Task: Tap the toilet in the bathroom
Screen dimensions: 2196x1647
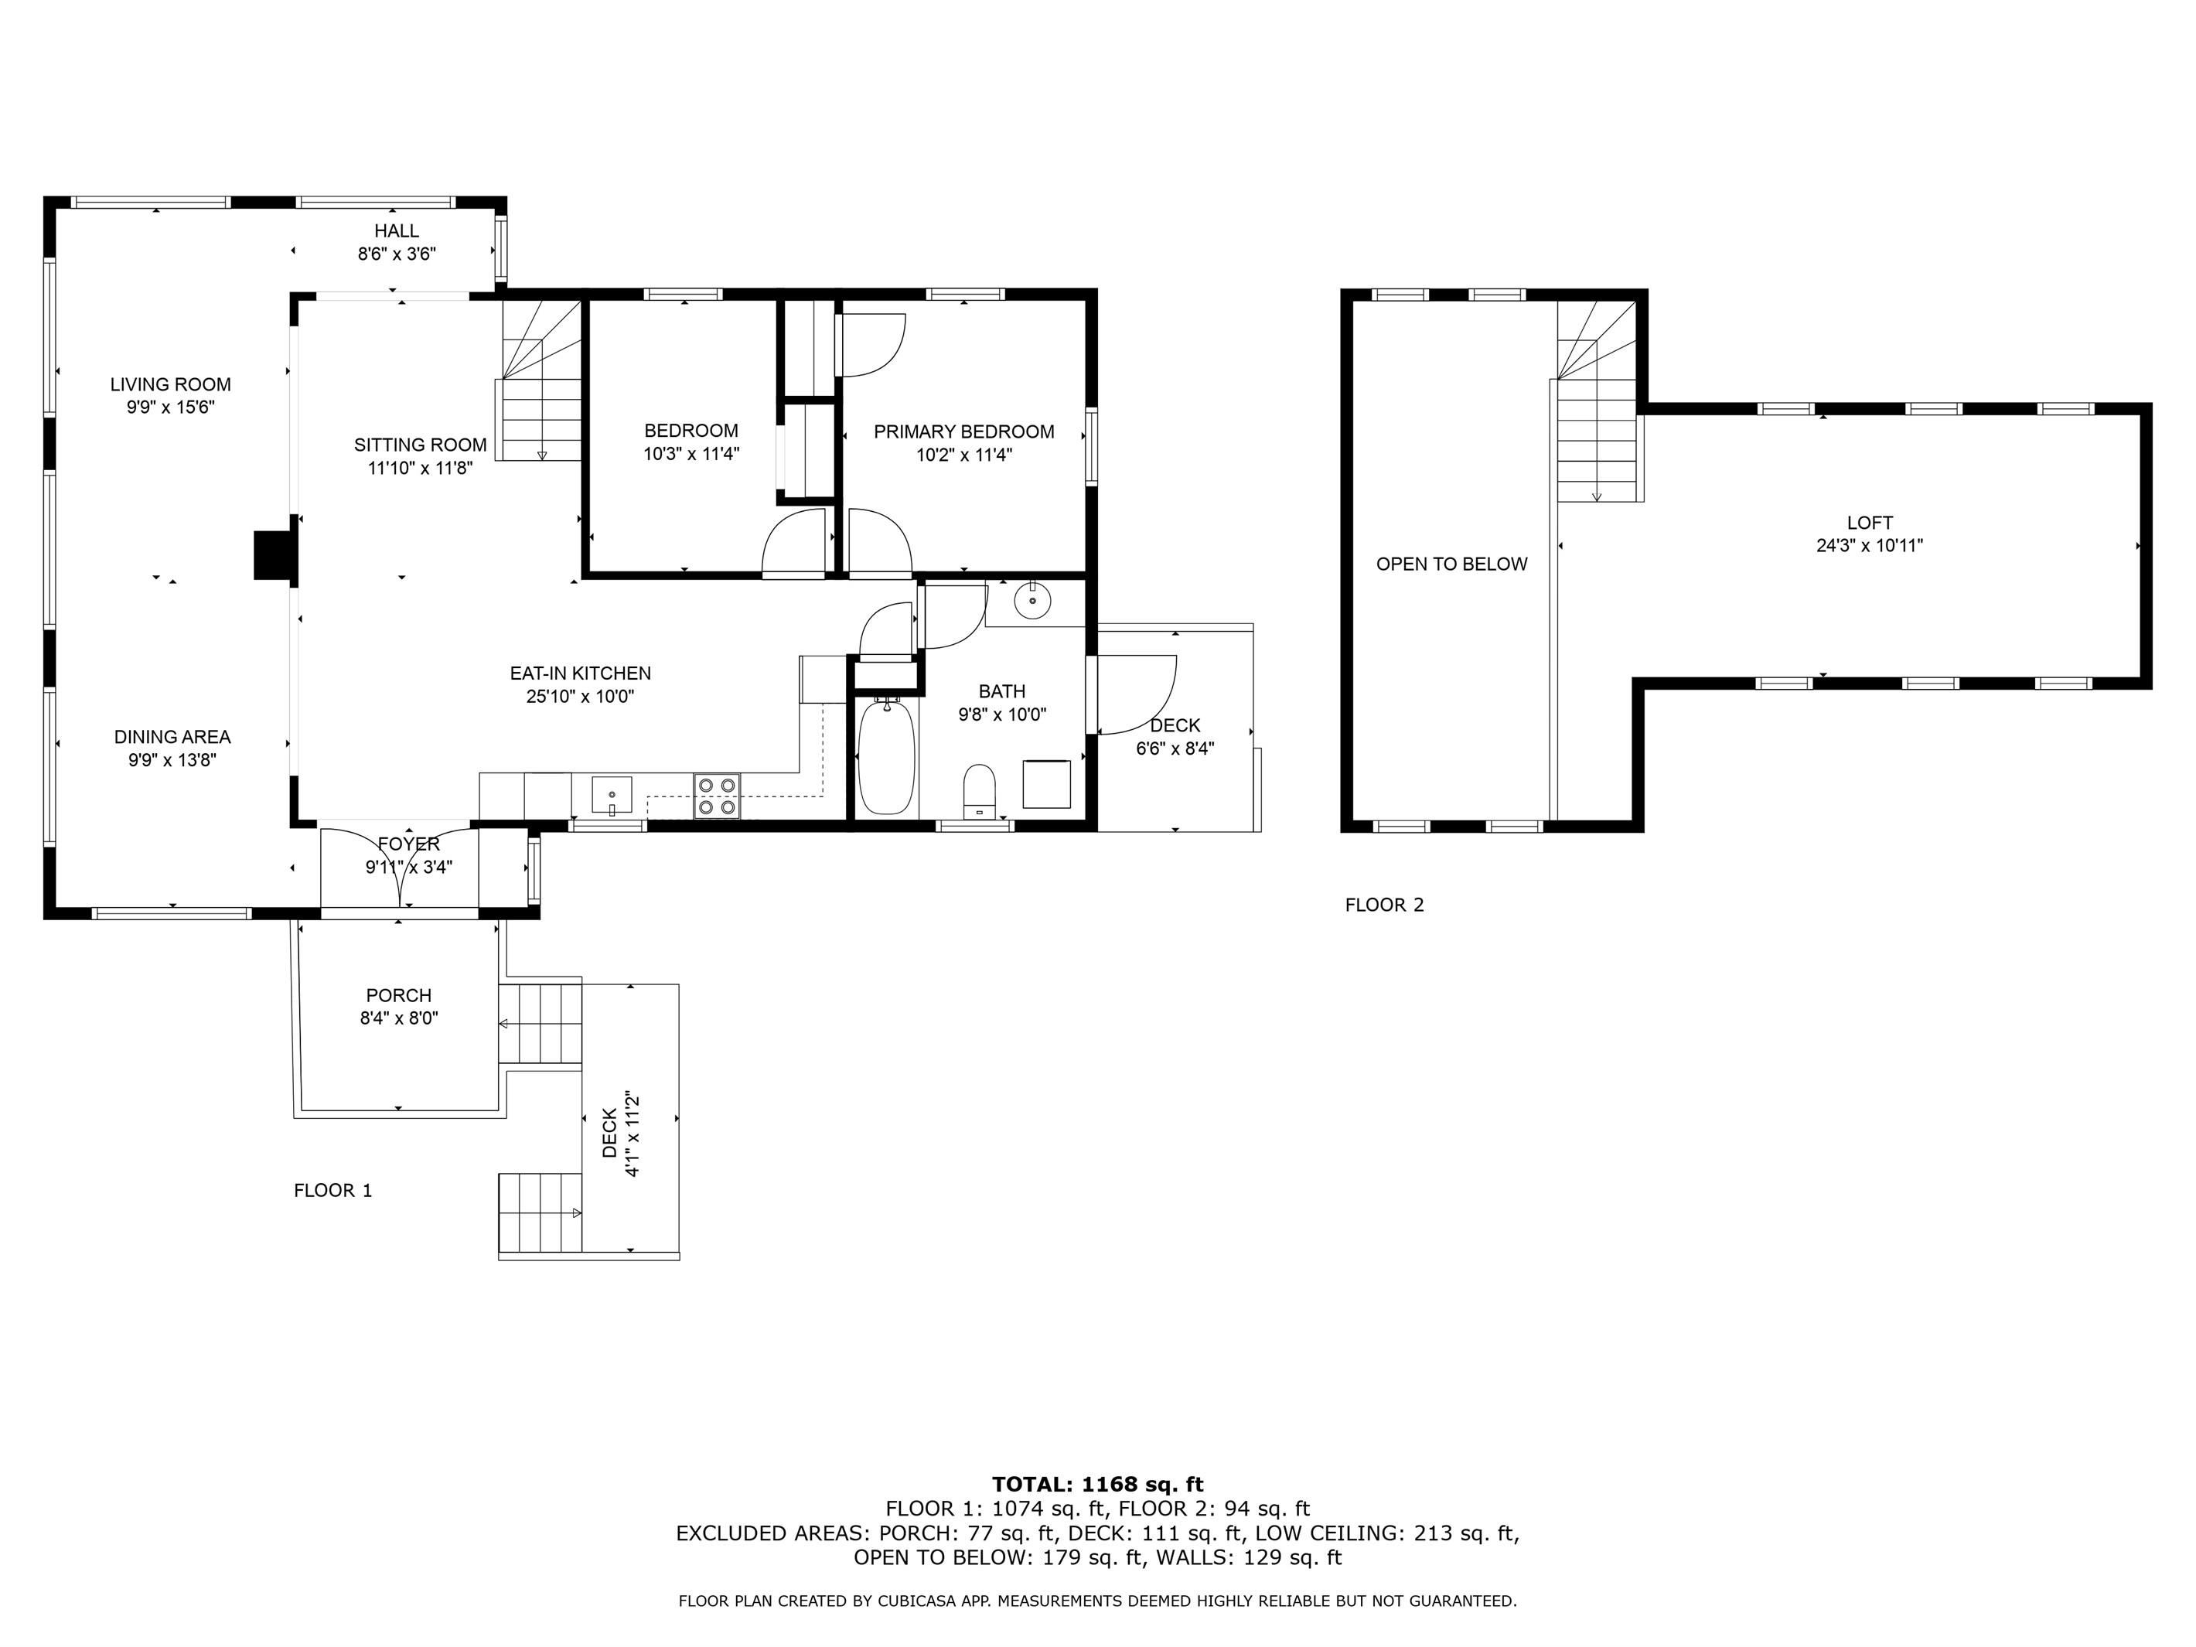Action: click(x=979, y=790)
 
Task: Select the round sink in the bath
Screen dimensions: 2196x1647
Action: click(x=1032, y=601)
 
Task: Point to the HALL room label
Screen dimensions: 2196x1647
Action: click(x=397, y=231)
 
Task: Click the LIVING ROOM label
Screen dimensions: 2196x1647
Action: click(x=171, y=384)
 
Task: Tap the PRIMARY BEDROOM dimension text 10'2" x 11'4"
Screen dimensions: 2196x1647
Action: click(x=964, y=455)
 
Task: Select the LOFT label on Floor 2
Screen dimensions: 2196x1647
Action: click(x=1870, y=522)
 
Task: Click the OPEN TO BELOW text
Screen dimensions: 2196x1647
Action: click(x=1451, y=564)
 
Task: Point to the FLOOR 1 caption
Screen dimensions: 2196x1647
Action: click(x=332, y=1190)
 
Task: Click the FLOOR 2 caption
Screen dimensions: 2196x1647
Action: click(x=1384, y=905)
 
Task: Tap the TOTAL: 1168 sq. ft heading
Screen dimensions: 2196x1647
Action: click(x=1098, y=1484)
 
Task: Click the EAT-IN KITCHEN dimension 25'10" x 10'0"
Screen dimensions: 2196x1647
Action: click(x=581, y=697)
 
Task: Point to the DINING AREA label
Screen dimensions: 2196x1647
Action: click(x=172, y=737)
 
